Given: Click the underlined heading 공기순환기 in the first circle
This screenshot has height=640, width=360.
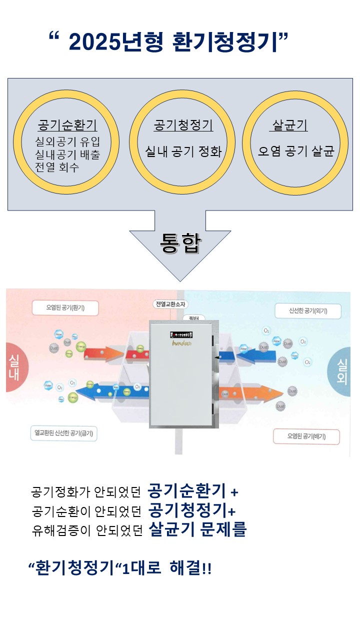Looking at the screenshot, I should tap(67, 125).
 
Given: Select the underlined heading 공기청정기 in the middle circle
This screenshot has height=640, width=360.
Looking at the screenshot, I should tap(183, 125).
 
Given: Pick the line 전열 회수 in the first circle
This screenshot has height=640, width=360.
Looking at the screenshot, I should tap(56, 167).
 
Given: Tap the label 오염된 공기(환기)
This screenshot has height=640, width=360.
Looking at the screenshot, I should tap(65, 307).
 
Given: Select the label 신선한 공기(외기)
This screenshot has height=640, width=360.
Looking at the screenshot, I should tap(307, 311).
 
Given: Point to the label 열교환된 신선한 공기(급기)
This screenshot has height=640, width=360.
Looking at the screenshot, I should tap(63, 433).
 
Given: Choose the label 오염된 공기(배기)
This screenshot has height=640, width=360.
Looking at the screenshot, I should tap(306, 436).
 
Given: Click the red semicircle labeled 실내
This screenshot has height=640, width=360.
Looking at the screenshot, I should tap(13, 368).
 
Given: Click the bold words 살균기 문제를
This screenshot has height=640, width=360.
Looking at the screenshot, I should tap(197, 529).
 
